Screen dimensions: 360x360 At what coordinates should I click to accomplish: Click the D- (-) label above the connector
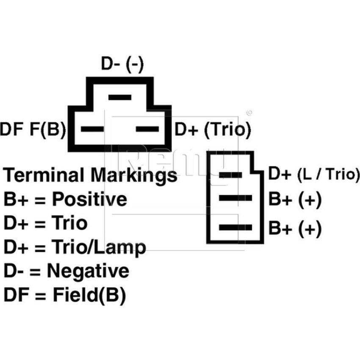[122, 64]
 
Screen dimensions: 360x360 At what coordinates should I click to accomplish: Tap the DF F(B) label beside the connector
[33, 129]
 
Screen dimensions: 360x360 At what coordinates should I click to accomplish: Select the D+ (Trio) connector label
[213, 130]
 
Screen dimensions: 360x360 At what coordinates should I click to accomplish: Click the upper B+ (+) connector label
[295, 199]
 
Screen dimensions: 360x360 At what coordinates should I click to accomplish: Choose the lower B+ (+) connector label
[295, 228]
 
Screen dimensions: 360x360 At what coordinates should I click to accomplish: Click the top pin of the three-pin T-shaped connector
[120, 97]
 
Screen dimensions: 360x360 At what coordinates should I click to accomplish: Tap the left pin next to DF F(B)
[92, 129]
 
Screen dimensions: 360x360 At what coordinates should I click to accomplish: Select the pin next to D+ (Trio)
[147, 129]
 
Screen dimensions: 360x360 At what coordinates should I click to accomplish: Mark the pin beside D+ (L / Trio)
[230, 175]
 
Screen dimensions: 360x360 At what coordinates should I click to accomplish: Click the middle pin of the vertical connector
[235, 198]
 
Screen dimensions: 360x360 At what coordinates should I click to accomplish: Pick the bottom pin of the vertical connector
[235, 227]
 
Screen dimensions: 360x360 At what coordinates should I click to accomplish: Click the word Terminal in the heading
[45, 175]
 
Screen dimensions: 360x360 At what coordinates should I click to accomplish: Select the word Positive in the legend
[89, 199]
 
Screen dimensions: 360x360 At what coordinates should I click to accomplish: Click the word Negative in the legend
[88, 271]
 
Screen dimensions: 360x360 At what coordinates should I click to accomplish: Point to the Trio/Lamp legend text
[99, 247]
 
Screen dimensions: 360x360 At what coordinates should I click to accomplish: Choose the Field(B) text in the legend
[89, 295]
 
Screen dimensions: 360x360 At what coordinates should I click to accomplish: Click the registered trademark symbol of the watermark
[249, 113]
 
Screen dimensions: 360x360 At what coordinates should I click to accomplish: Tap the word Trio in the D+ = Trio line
[69, 223]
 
